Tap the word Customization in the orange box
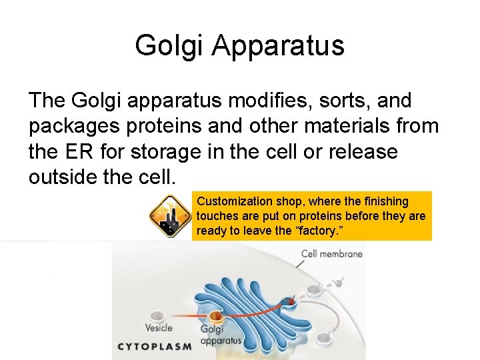pos(235,201)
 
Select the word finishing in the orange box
pos(387,201)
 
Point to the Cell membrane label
pos(331,253)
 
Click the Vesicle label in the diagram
pos(159,327)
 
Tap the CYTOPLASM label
pos(155,346)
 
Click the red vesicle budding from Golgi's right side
pos(289,302)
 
